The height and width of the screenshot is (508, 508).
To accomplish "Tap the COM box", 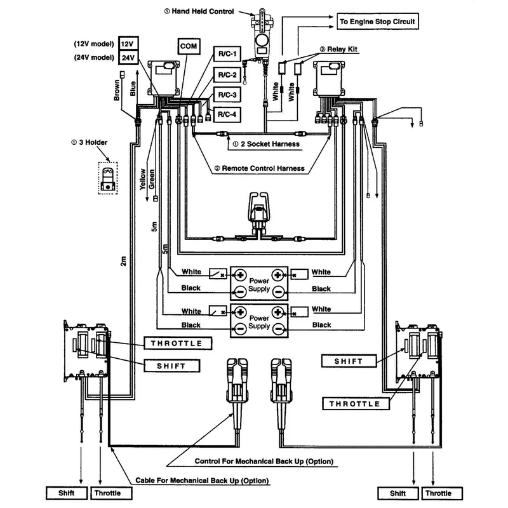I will (x=189, y=46).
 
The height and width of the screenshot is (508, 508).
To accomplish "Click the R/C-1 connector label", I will (x=227, y=55).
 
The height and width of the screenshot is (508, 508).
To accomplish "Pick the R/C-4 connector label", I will (x=227, y=114).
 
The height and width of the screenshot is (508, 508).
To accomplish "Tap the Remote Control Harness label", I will (x=258, y=169).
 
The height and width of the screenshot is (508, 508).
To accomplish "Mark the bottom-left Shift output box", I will (x=66, y=493).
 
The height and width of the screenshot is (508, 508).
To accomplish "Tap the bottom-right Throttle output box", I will (x=438, y=493).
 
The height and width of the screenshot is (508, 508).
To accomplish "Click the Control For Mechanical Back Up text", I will (x=264, y=461).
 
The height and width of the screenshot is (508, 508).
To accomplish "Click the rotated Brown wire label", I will (x=117, y=90).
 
